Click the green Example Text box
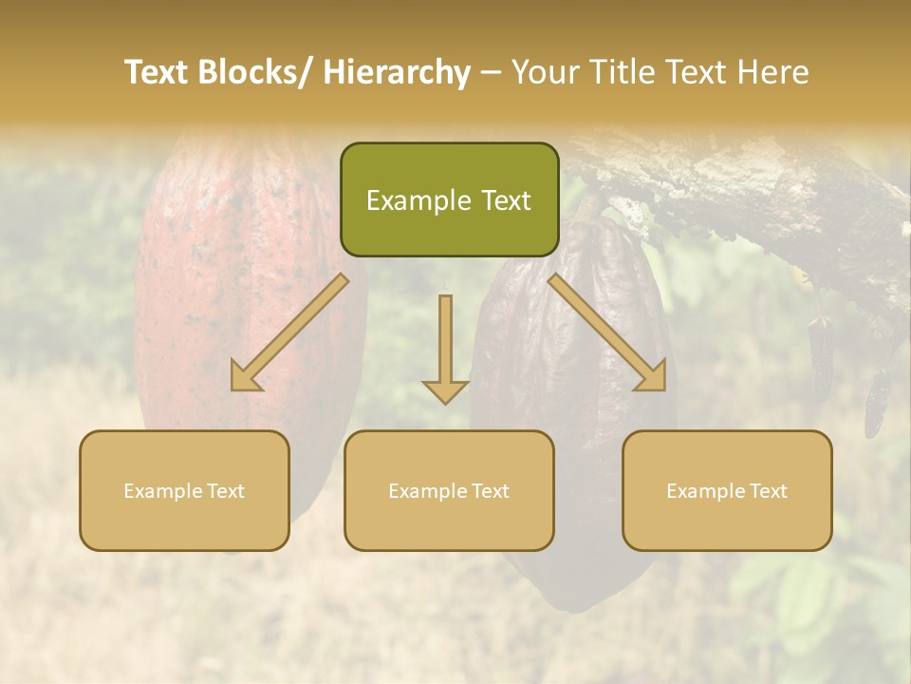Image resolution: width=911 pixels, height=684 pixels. point(449,199)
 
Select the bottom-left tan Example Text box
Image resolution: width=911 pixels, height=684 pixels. point(184,490)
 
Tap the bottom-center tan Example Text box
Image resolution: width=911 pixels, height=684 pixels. point(449,490)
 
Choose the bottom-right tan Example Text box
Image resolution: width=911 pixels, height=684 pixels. point(727,490)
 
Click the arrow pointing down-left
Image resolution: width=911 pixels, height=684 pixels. point(295,333)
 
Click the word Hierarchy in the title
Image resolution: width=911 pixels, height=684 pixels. point(397,73)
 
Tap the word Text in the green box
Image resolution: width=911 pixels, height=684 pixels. point(505,200)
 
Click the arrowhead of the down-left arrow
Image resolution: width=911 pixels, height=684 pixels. point(246,377)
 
